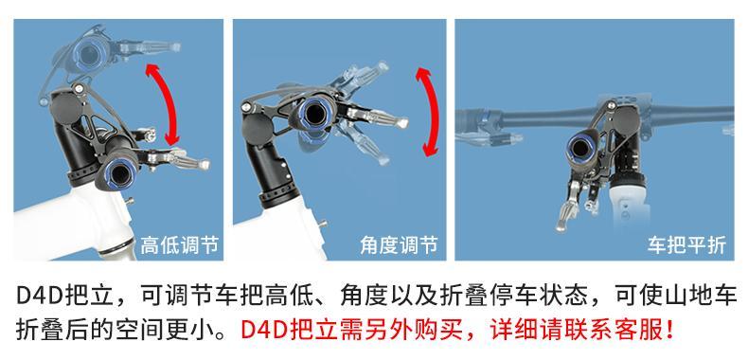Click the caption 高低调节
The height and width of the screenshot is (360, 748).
pos(179,245)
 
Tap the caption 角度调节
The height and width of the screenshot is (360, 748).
pos(399,245)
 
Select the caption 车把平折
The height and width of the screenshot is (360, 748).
pos(686,245)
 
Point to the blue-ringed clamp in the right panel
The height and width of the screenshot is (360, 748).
pos(580,148)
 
